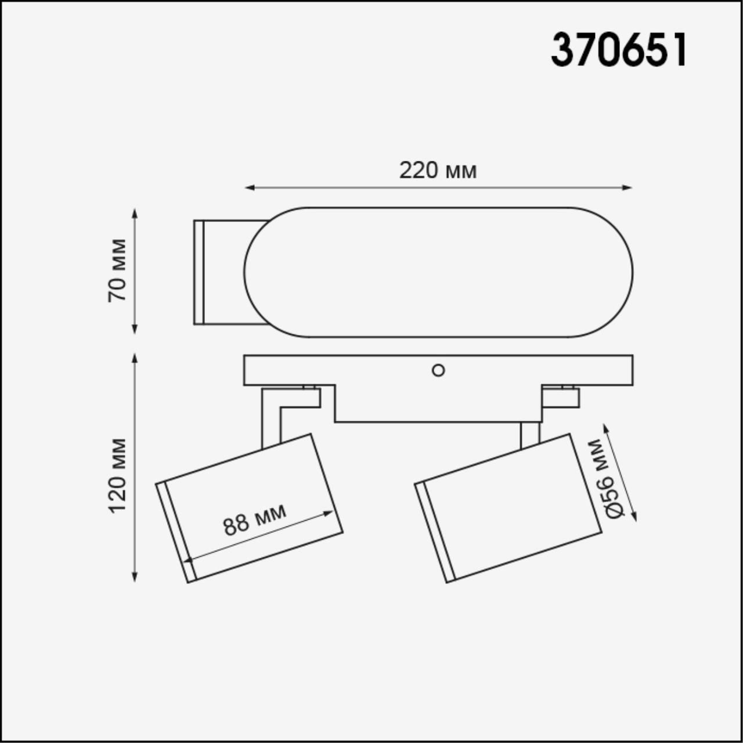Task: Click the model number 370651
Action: pos(619,50)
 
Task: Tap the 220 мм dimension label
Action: pos(438,171)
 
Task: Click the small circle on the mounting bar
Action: pos(438,370)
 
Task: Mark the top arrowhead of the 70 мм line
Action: pos(135,213)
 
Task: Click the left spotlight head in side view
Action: pos(250,508)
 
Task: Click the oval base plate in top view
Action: pos(438,272)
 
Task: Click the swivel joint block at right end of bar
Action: pos(561,397)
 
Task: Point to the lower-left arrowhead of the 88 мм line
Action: pos(187,560)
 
